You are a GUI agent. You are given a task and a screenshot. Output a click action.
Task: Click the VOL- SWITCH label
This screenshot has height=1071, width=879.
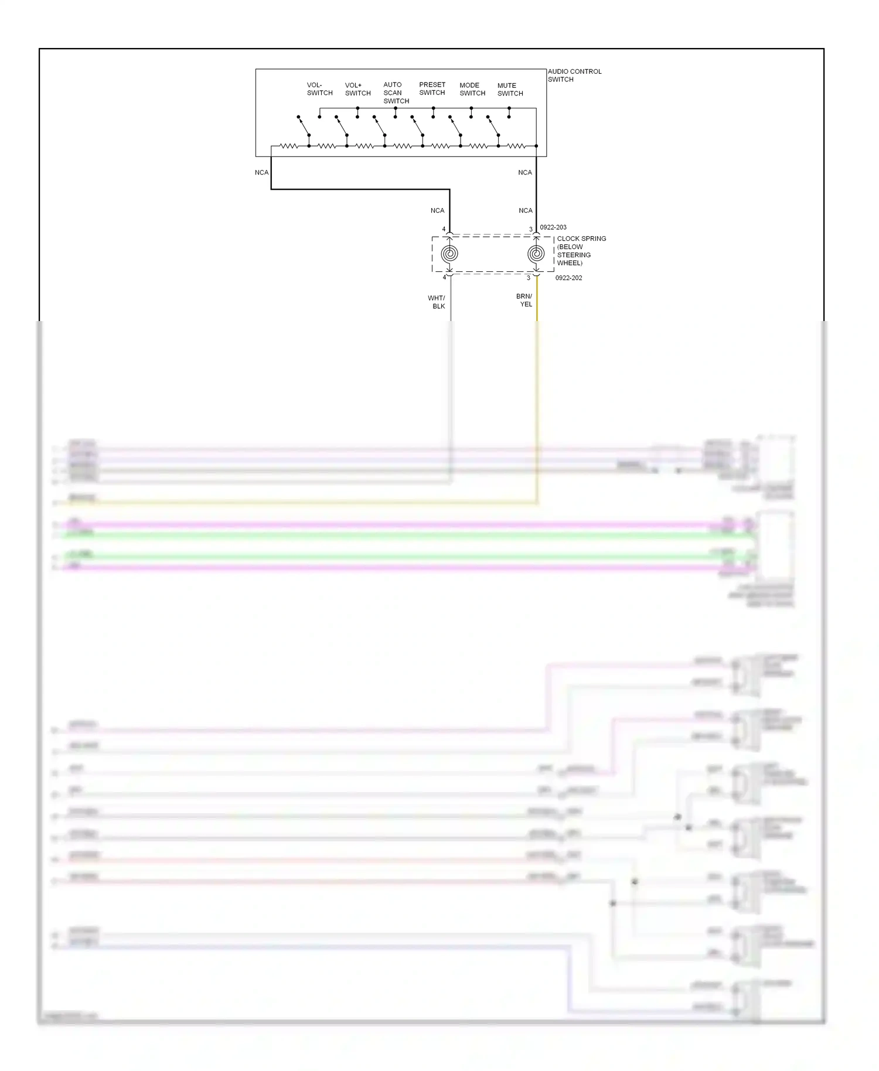[x=319, y=89]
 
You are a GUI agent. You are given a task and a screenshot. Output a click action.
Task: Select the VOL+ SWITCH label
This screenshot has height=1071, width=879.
[x=357, y=89]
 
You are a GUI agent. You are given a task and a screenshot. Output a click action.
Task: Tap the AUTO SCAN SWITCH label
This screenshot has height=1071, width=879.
[x=396, y=93]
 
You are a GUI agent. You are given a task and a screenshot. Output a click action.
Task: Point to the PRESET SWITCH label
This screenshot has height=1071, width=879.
[x=432, y=88]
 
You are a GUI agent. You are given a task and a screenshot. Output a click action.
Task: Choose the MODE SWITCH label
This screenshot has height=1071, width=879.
[x=472, y=89]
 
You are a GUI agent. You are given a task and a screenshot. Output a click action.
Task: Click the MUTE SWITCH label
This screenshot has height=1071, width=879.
[x=510, y=89]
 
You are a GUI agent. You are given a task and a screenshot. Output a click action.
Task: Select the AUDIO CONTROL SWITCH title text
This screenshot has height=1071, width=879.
[x=574, y=75]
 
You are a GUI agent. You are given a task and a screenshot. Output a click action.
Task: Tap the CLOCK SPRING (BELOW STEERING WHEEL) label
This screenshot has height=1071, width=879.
[x=581, y=251]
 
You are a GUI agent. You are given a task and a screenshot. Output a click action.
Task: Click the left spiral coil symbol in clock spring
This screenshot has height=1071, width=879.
[x=449, y=254]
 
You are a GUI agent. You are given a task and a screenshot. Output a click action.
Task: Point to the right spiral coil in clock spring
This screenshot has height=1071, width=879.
[x=536, y=254]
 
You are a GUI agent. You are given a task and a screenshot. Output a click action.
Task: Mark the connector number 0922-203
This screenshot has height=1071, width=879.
[x=553, y=227]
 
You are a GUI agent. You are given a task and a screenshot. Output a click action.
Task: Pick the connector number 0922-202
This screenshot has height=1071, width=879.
[x=568, y=278]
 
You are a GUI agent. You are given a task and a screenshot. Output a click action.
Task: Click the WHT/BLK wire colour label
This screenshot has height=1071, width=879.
[x=437, y=302]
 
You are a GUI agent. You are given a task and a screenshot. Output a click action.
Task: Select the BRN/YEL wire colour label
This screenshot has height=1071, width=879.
[x=524, y=300]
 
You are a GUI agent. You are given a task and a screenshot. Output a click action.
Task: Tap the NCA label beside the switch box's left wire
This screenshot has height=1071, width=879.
[x=261, y=172]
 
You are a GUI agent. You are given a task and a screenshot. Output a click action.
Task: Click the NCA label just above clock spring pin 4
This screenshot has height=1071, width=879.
[x=437, y=210]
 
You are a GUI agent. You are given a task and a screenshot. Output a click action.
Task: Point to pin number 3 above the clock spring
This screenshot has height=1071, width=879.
[x=531, y=230]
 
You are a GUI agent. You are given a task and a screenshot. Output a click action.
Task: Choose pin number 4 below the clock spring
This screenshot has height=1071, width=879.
[x=444, y=277]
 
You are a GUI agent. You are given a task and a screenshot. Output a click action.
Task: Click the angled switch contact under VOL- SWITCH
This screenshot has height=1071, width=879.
[x=303, y=125]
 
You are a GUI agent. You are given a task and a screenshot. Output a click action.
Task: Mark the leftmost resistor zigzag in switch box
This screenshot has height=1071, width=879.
[x=289, y=146]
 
